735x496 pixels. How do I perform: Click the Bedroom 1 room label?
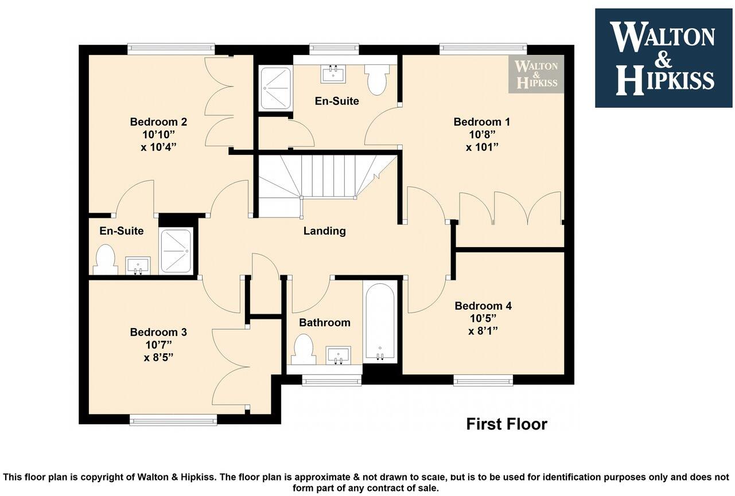(481, 122)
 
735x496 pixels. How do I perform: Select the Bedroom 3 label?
(158, 332)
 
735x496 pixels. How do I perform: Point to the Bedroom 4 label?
(483, 306)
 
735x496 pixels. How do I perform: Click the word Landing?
(324, 231)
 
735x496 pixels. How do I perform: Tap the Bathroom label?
(324, 323)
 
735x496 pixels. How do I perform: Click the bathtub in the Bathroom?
(379, 322)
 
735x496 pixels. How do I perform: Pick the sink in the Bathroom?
(337, 355)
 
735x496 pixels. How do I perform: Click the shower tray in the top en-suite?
(276, 88)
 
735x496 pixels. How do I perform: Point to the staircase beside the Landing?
(321, 178)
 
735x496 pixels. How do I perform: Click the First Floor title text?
(506, 424)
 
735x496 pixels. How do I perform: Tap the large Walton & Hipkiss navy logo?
(663, 58)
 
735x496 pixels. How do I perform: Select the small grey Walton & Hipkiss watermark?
(536, 75)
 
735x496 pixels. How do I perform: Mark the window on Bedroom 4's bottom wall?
(483, 380)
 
